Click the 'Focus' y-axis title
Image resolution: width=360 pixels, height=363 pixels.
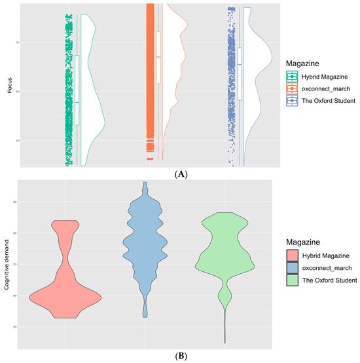(x=9, y=85)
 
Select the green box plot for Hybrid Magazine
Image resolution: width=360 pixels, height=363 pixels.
(x=77, y=90)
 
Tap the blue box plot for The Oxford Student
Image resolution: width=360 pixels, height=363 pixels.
(x=240, y=73)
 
